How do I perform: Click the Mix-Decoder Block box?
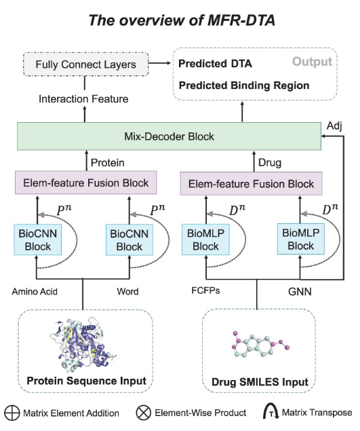pos(169,136)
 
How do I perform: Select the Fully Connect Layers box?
pos(85,64)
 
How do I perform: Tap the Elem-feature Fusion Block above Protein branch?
pos(85,183)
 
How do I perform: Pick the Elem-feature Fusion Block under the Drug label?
pos(251,184)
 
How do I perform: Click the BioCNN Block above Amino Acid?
pos(37,240)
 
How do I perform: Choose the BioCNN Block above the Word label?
pos(129,240)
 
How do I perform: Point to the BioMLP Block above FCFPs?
pos(205,240)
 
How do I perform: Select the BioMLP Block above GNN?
pos(301,239)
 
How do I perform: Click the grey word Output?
pos(313,62)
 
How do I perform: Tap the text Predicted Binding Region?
pos(244,86)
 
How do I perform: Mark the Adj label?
pos(334,126)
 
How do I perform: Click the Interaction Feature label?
pos(83,98)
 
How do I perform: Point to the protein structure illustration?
pos(83,344)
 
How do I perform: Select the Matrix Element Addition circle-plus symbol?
pos(12,413)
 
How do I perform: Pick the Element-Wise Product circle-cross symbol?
pos(143,413)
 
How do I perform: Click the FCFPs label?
pos(205,291)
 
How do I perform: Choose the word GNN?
pos(300,291)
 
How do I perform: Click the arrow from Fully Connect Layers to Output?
pos(159,63)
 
